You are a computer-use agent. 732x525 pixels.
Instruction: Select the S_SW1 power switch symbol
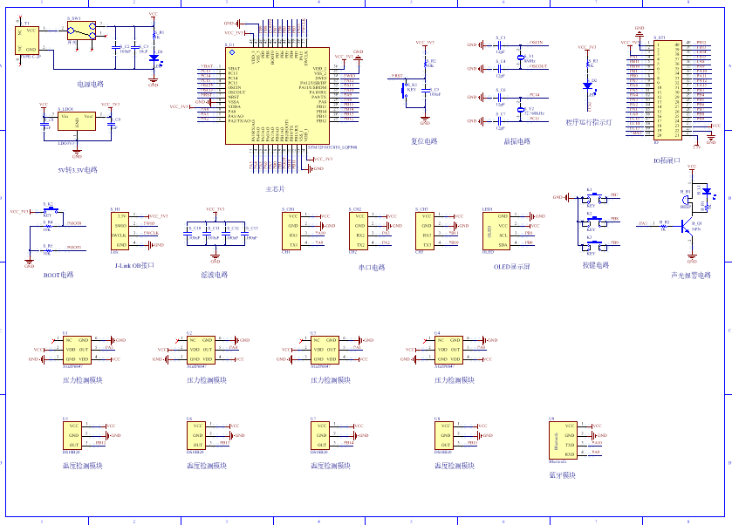point(83,32)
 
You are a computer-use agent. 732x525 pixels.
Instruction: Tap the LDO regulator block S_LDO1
point(77,122)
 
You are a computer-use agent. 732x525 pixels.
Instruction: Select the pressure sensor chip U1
point(77,349)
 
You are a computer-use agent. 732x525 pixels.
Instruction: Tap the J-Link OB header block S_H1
point(120,230)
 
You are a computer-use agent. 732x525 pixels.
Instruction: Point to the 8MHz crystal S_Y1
point(520,58)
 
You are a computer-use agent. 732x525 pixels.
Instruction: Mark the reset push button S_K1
point(404,89)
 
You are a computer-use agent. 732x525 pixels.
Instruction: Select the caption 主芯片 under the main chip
point(275,188)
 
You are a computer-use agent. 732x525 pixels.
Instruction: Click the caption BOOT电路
point(58,275)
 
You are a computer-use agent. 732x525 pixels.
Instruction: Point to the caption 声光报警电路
point(690,275)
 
